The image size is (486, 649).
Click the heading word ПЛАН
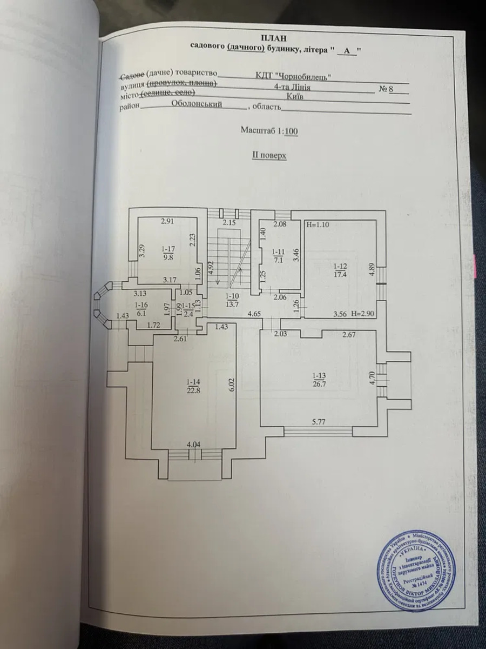(274, 37)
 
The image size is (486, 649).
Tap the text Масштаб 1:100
(269, 130)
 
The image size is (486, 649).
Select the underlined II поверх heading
(268, 155)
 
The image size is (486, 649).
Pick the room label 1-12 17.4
(341, 270)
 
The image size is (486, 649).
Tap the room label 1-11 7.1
(278, 255)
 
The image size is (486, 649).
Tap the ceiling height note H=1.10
(318, 224)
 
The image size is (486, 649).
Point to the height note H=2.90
(362, 313)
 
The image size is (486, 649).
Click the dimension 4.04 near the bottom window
(193, 445)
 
